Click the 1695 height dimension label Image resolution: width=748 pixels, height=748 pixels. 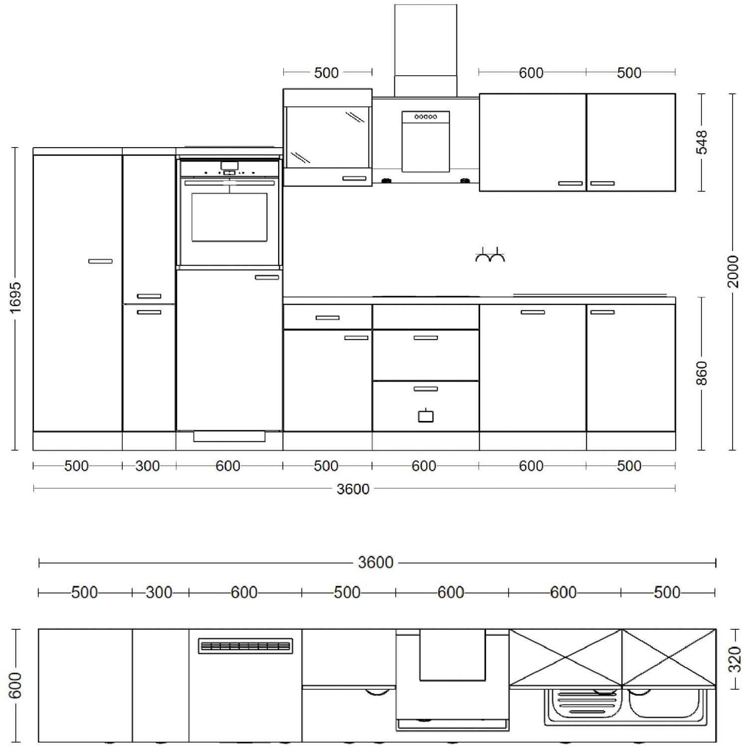coord(16,298)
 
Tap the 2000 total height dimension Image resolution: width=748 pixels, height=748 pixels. coord(733,271)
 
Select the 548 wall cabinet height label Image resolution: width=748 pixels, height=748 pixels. coord(702,142)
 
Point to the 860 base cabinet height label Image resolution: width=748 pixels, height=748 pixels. coord(702,373)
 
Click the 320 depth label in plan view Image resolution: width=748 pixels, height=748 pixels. coord(734,659)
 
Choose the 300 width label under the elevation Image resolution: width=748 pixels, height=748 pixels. coord(148,466)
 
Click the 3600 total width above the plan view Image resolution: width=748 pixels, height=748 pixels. coord(376,562)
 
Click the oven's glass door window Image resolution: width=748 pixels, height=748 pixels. coord(229,217)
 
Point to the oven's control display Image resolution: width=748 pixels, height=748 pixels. coord(229,166)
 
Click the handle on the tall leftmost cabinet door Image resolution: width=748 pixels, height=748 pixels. coord(100,261)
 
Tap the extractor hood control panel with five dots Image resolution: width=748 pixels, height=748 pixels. coord(425,117)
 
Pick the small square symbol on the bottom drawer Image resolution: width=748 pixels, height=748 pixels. coord(425,415)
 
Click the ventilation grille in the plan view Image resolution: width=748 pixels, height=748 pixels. coord(245,646)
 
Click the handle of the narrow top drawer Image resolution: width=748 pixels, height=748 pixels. coord(327,318)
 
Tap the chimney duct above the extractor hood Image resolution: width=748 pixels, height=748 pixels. coord(425,50)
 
